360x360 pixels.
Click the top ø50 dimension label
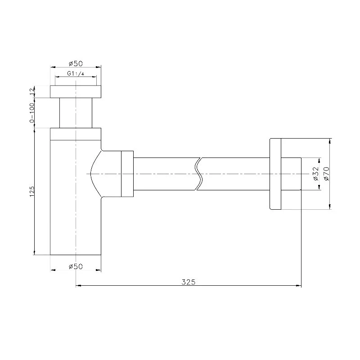point(76,63)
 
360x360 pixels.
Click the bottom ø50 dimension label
point(76,266)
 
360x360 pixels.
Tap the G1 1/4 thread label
point(76,74)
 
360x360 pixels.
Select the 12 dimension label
point(32,92)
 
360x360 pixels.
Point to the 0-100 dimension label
point(32,113)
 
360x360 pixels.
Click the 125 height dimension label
point(31,191)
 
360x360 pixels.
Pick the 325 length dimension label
point(189,282)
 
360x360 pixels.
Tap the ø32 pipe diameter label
point(316,174)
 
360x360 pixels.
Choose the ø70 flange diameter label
point(326,174)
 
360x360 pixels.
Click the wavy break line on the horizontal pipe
point(199,174)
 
